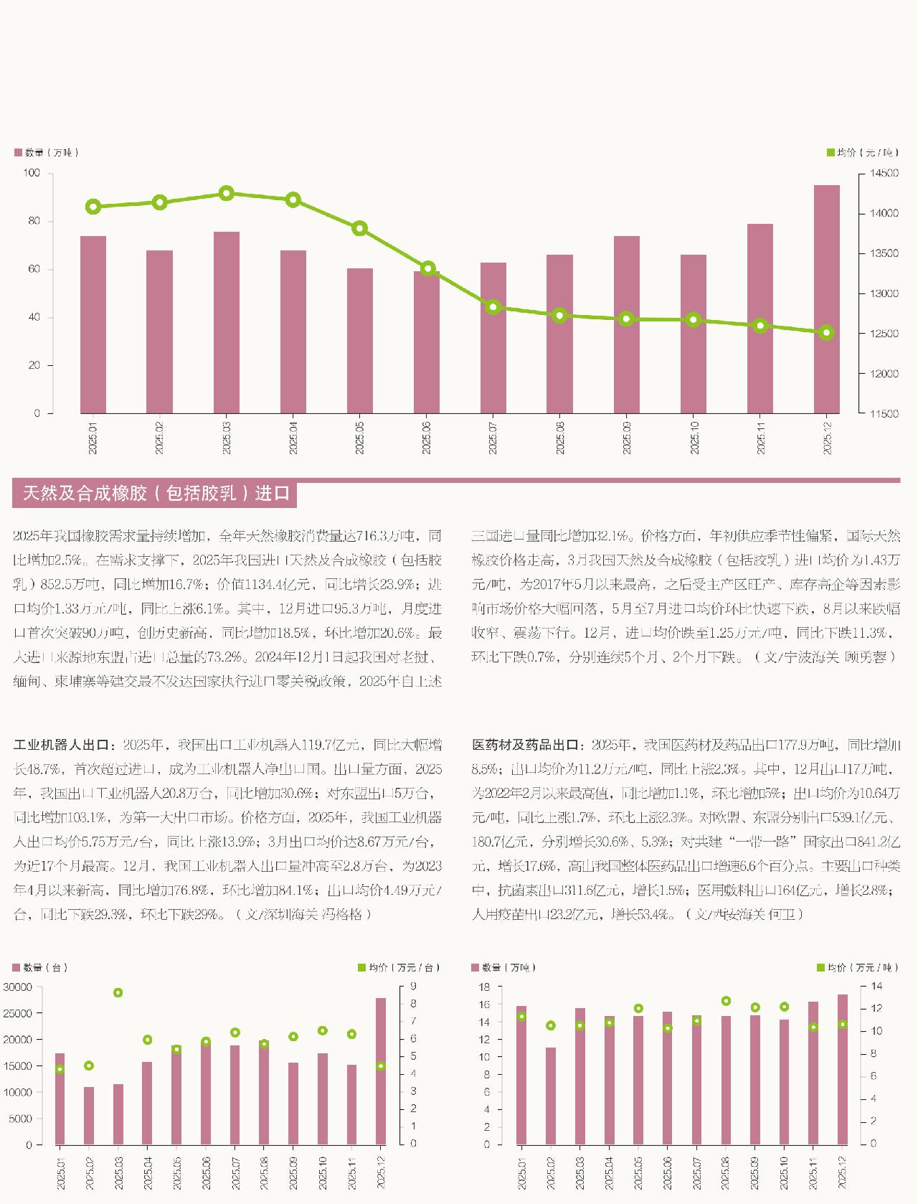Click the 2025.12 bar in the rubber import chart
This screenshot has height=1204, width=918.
pos(826,299)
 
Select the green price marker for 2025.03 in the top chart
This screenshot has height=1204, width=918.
pos(227,193)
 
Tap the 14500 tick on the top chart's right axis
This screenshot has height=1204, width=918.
pos(883,174)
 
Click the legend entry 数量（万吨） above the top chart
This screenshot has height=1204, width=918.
pos(46,153)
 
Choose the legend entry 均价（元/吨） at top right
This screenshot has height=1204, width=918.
pos(861,153)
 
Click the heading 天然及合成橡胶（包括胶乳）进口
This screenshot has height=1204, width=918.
pos(156,494)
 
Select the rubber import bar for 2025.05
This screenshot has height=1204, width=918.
pos(360,341)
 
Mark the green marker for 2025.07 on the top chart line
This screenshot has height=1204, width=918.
pos(493,307)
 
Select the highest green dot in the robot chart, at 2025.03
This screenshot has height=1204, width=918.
pos(118,993)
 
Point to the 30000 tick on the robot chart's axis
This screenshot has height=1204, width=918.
pos(18,987)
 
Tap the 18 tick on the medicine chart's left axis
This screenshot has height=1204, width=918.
pos(484,987)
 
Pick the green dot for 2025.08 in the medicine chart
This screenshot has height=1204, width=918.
pos(726,1001)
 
